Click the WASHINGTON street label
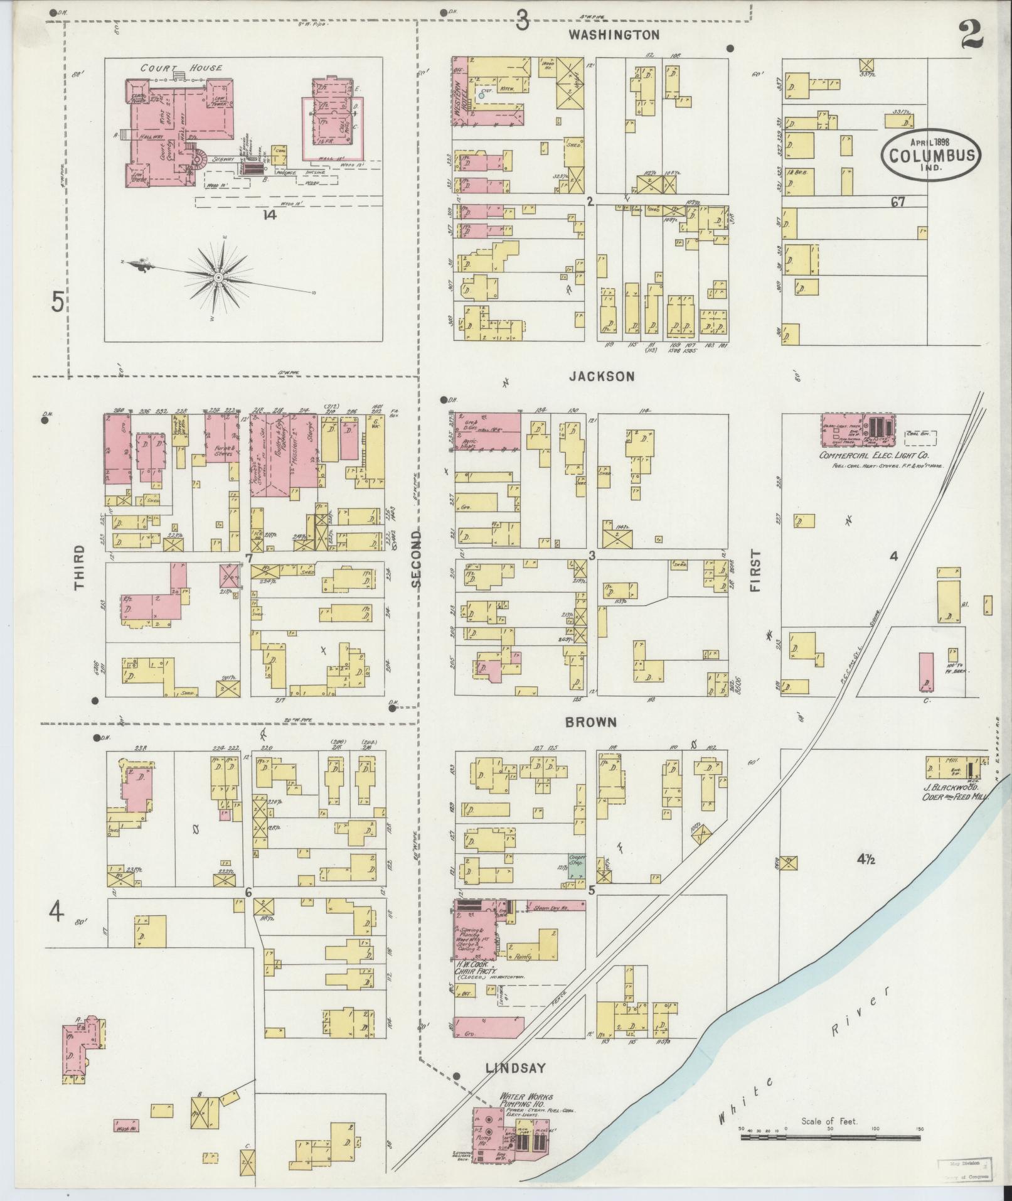coord(614,35)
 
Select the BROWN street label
coord(590,723)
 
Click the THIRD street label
coord(80,568)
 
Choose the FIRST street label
coord(755,571)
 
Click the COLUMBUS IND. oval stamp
coord(931,154)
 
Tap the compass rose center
coord(218,277)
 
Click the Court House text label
coord(181,68)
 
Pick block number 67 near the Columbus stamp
coord(897,202)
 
